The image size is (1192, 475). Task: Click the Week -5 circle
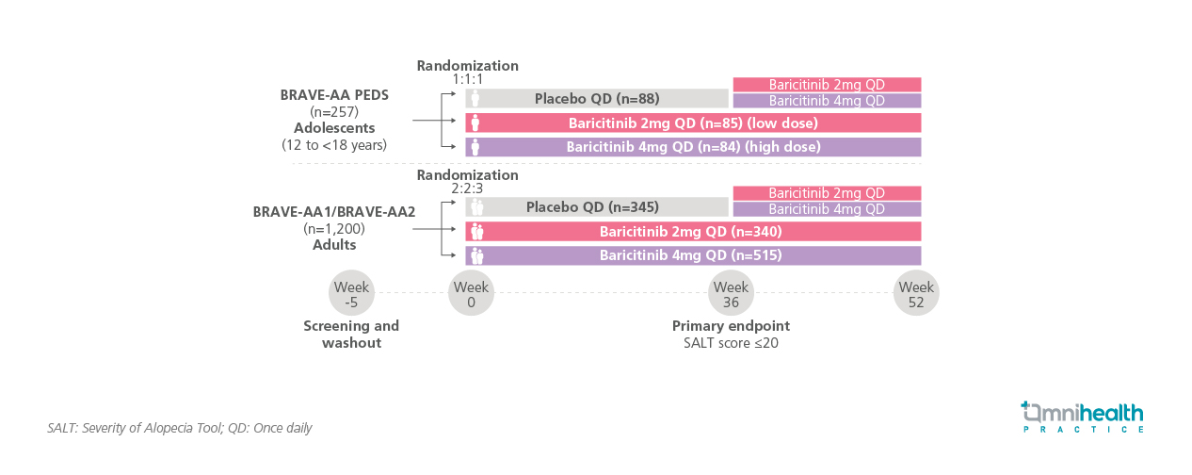(x=351, y=294)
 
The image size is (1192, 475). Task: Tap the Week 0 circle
(x=471, y=294)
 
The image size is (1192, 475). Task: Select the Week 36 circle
(x=731, y=294)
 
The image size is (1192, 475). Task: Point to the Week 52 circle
(x=916, y=294)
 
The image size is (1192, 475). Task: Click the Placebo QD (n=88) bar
(x=597, y=99)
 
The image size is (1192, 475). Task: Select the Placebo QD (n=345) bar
(x=597, y=207)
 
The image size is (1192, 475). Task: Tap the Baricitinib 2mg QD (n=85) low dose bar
(x=693, y=123)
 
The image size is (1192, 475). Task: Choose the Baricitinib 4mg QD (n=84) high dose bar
(x=693, y=147)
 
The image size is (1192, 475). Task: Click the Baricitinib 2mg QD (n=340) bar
(x=693, y=232)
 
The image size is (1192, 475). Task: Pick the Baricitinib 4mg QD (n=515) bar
(x=693, y=255)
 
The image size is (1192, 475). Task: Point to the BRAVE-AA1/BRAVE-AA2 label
(x=334, y=212)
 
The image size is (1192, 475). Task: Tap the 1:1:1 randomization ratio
(x=467, y=80)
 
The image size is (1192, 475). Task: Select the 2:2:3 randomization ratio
(x=467, y=189)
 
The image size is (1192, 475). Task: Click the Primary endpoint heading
(x=731, y=326)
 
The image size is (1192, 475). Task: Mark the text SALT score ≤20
(x=731, y=343)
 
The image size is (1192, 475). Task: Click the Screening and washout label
(x=351, y=335)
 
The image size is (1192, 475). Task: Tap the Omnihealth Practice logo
(x=1082, y=417)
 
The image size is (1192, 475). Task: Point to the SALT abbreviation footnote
(x=179, y=428)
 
